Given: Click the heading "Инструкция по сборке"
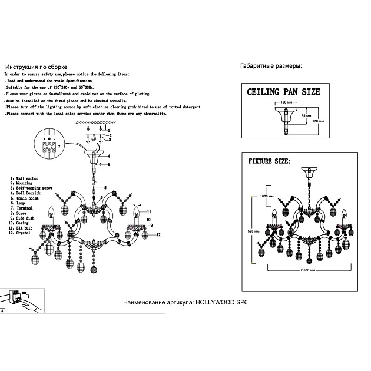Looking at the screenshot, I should pyautogui.click(x=35, y=68).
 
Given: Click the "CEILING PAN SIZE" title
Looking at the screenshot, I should pyautogui.click(x=283, y=92).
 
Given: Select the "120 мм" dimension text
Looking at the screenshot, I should pyautogui.click(x=286, y=102).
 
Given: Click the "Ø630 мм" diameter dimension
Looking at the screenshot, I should pyautogui.click(x=306, y=269).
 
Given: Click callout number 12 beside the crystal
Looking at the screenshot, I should pyautogui.click(x=158, y=234).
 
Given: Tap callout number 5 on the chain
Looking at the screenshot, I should pyautogui.click(x=112, y=171).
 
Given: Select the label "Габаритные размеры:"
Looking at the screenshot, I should pyautogui.click(x=271, y=67).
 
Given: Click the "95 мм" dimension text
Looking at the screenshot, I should pyautogui.click(x=304, y=116).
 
